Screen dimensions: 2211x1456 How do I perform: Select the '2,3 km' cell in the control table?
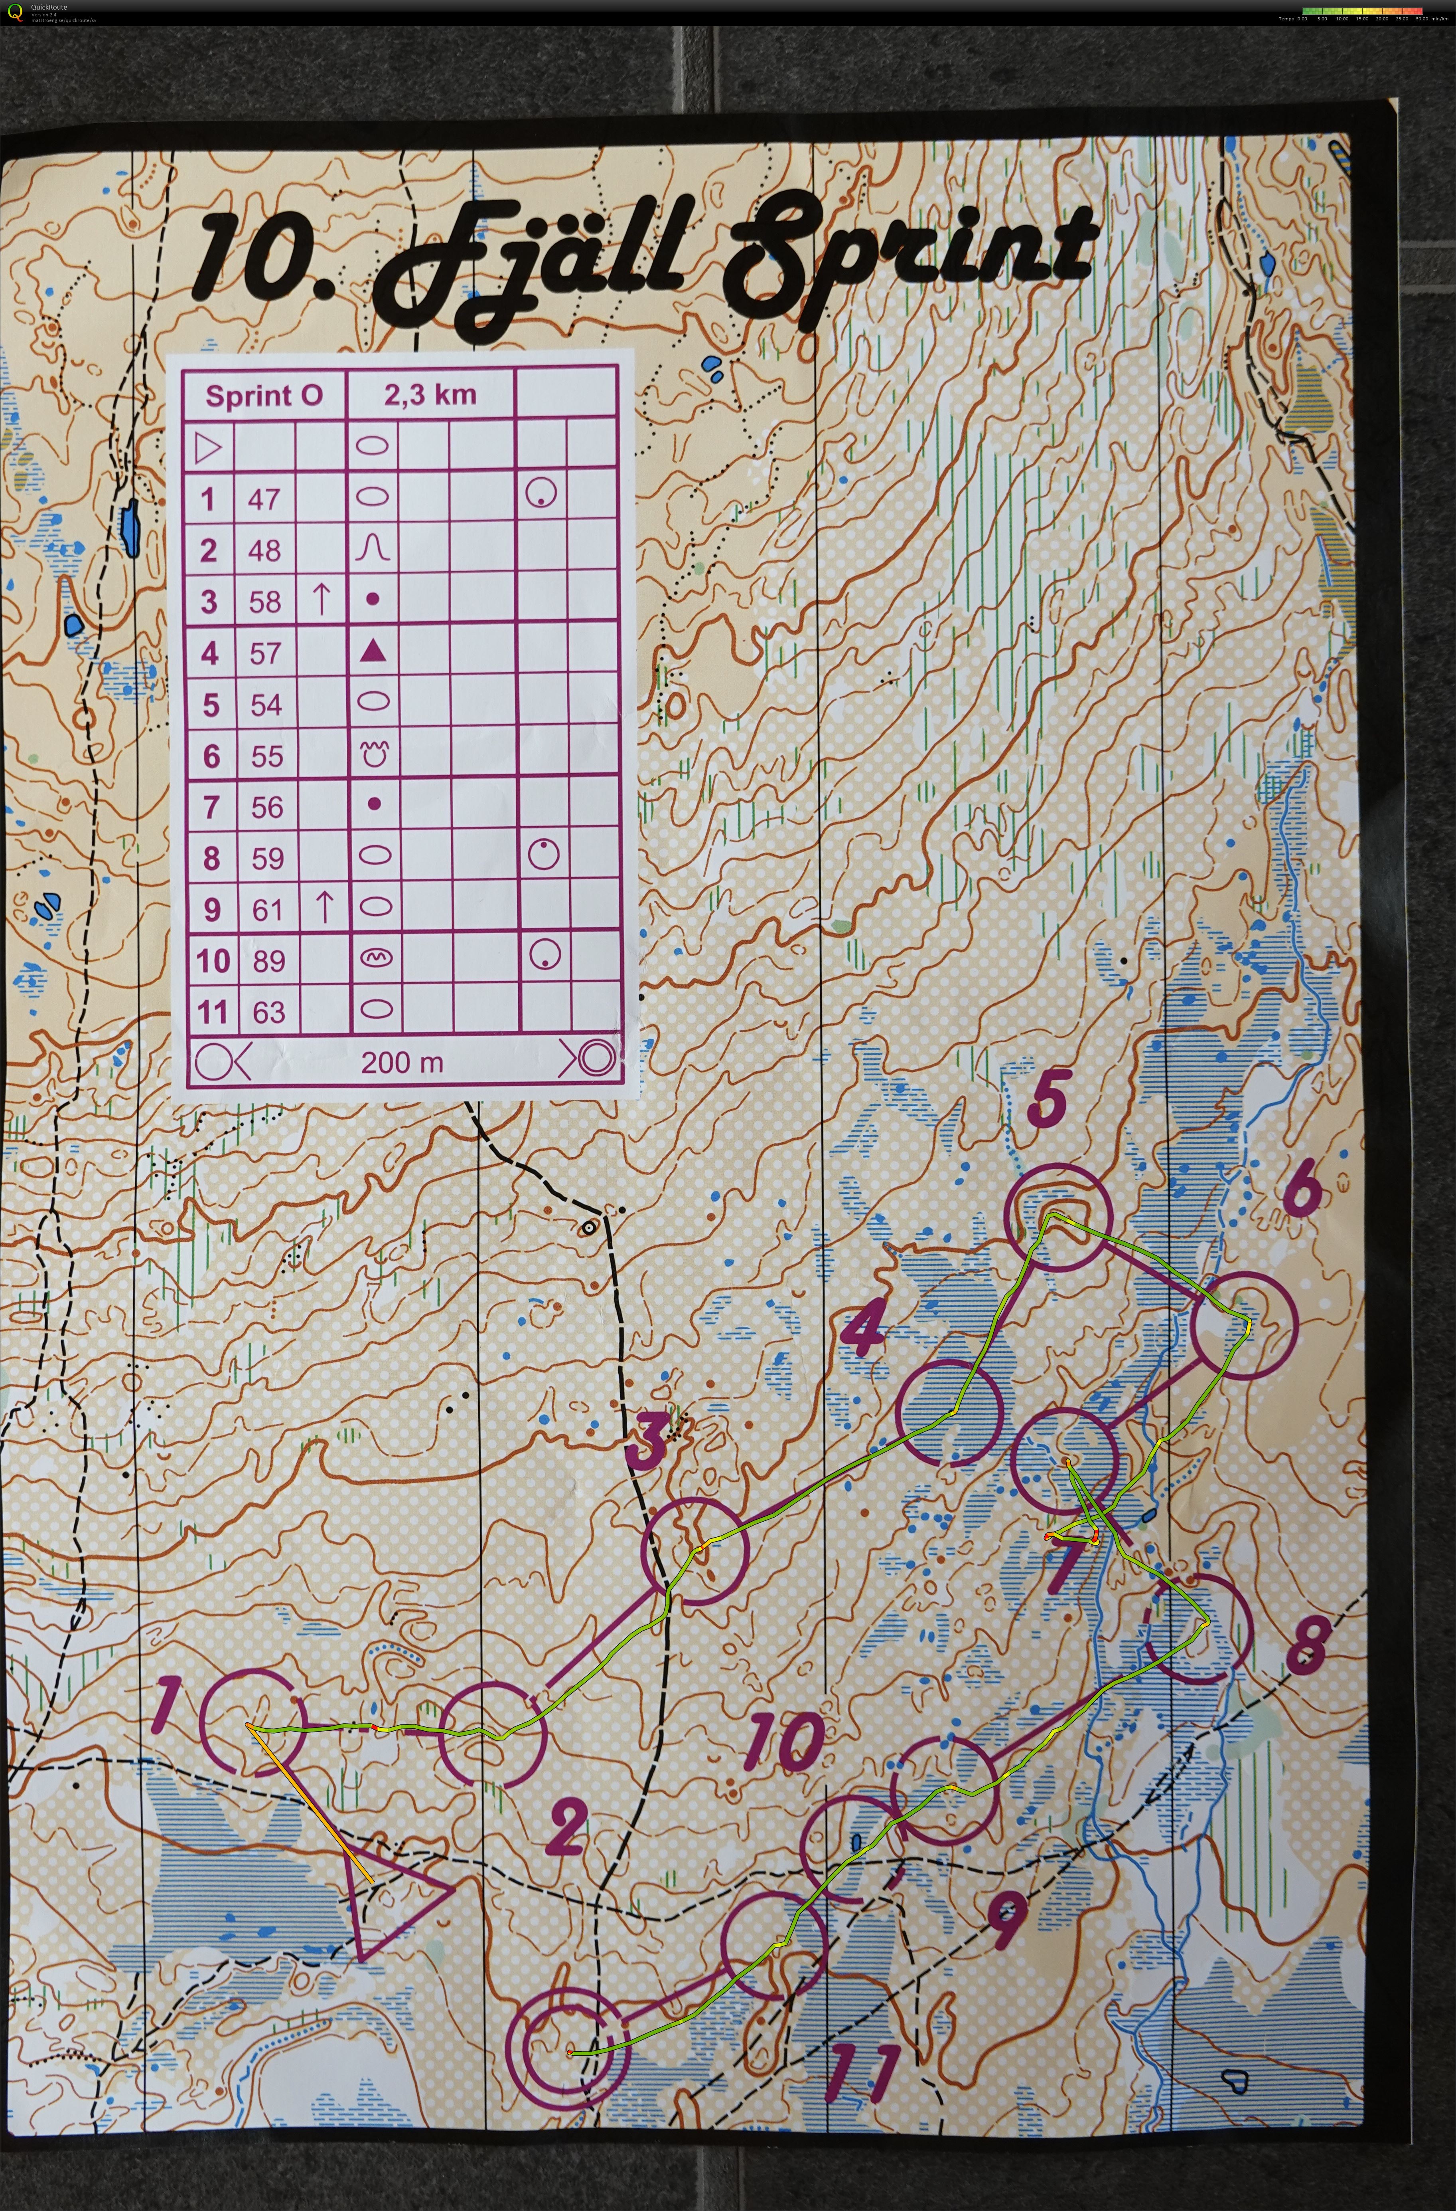[x=430, y=395]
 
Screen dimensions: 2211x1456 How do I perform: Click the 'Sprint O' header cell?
[x=264, y=396]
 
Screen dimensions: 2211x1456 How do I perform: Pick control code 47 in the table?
[x=264, y=500]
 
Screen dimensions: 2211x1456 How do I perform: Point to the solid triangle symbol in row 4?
[x=373, y=651]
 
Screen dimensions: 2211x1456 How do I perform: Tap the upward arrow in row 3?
[x=320, y=599]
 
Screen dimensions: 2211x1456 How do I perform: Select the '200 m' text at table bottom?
[x=402, y=1062]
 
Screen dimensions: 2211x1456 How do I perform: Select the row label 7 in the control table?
[x=211, y=807]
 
